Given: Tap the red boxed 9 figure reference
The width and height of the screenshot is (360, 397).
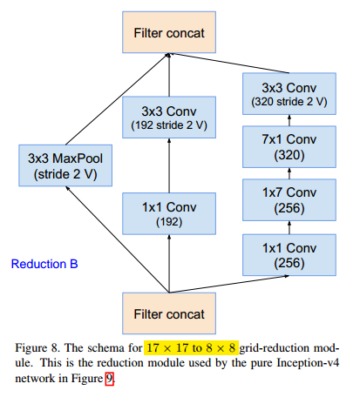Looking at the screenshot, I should pyautogui.click(x=109, y=379).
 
